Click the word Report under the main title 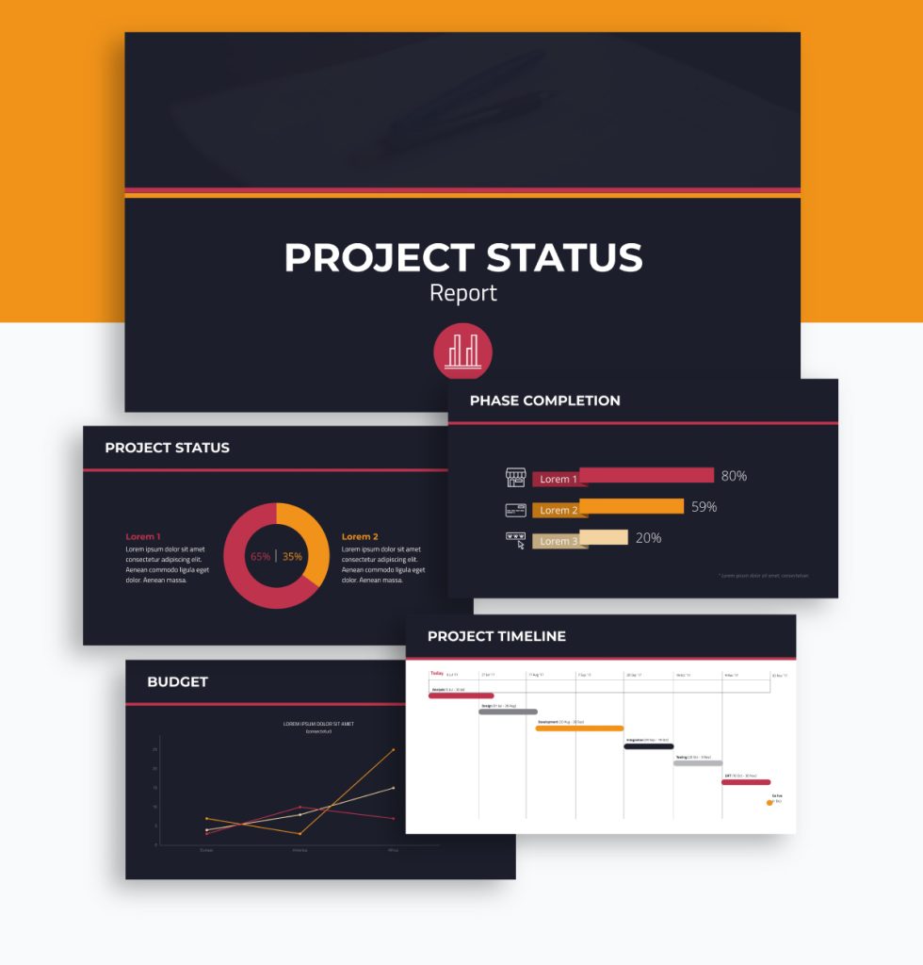[x=462, y=293]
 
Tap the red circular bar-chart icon [x=462, y=352]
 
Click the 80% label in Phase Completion [x=734, y=476]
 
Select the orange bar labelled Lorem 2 [x=631, y=507]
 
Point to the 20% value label [x=648, y=538]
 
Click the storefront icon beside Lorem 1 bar [x=515, y=478]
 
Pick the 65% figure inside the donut [x=260, y=557]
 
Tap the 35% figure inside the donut [x=293, y=557]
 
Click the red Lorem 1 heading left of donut [x=143, y=536]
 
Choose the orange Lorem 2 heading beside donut [x=360, y=536]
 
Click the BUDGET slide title [x=177, y=681]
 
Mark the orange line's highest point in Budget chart [x=393, y=750]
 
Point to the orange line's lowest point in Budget [x=300, y=834]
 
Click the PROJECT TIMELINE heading [x=496, y=636]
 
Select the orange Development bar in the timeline [x=579, y=728]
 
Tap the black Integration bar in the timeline [x=648, y=746]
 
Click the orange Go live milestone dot [x=769, y=802]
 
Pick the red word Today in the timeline [x=437, y=673]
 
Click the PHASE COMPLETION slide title [x=544, y=401]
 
